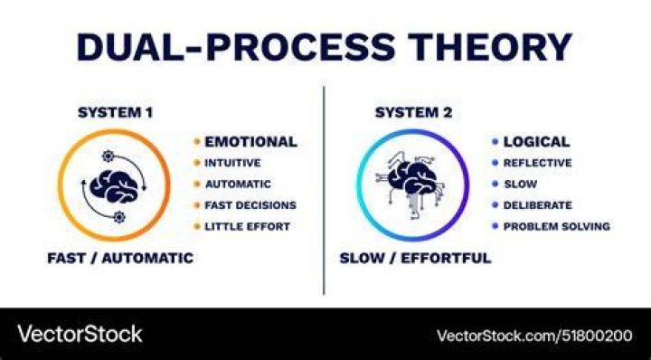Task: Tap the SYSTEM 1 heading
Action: coord(116,112)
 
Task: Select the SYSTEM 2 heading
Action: coord(413,112)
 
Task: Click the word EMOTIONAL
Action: coord(250,142)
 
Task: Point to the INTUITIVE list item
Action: coord(232,163)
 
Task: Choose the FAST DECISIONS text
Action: coord(250,205)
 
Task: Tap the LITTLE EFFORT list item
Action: coord(247,226)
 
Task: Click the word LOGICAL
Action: coord(536,142)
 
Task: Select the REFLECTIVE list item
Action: coord(537,163)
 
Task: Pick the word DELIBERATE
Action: coord(537,205)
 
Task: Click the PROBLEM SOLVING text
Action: coord(557,226)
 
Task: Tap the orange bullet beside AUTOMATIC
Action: coord(197,184)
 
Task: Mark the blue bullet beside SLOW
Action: coord(495,184)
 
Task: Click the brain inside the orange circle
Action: coord(114,186)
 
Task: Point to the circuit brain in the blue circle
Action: coord(411,184)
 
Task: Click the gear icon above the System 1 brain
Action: coord(108,156)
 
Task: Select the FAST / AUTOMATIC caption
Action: coord(120,258)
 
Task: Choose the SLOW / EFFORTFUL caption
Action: coord(415,258)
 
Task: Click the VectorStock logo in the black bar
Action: coord(80,334)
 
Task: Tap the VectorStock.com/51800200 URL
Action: coord(534,336)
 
